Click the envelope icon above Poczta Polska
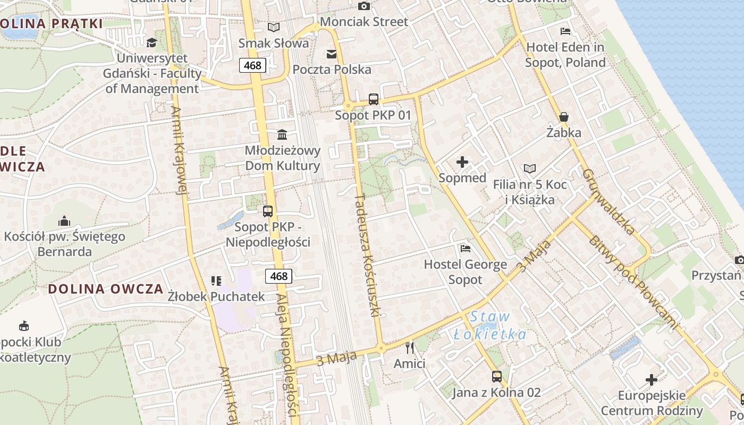pyautogui.click(x=332, y=54)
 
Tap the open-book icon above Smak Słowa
pyautogui.click(x=274, y=27)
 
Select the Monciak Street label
pyautogui.click(x=365, y=22)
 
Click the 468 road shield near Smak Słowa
pyautogui.click(x=252, y=65)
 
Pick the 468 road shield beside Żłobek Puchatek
pyautogui.click(x=278, y=276)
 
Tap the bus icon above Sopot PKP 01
pyautogui.click(x=374, y=99)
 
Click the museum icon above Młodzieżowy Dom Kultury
pyautogui.click(x=282, y=134)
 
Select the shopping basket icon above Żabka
pyautogui.click(x=564, y=117)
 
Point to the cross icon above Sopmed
pyautogui.click(x=462, y=162)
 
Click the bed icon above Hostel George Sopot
pyautogui.click(x=466, y=248)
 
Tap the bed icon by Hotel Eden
pyautogui.click(x=565, y=31)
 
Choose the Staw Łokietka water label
pyautogui.click(x=490, y=326)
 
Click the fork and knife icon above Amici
pyautogui.click(x=409, y=348)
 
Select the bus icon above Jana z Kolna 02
pyautogui.click(x=496, y=377)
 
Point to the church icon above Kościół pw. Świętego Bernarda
pyautogui.click(x=64, y=221)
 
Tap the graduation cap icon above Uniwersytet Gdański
pyautogui.click(x=152, y=42)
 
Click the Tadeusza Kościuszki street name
pyautogui.click(x=367, y=255)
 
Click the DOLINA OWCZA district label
pyautogui.click(x=106, y=289)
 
